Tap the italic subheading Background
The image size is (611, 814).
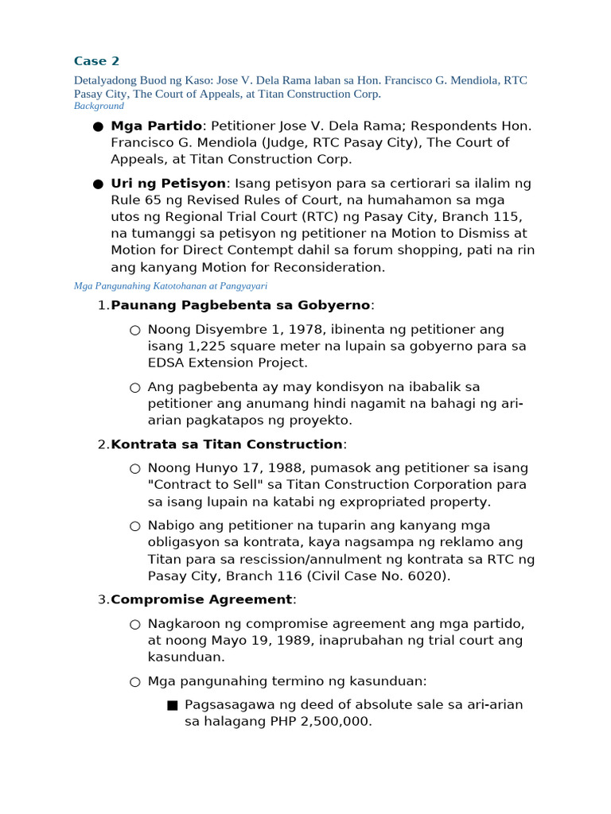pyautogui.click(x=99, y=106)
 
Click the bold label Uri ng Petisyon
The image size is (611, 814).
pyautogui.click(x=168, y=183)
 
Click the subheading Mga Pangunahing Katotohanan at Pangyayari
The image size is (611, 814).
pyautogui.click(x=169, y=285)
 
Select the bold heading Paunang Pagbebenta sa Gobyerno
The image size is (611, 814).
pyautogui.click(x=240, y=305)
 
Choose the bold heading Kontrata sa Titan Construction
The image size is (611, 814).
pyautogui.click(x=227, y=444)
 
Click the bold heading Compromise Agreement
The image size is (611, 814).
pyautogui.click(x=201, y=599)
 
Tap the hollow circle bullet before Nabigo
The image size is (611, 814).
pyautogui.click(x=134, y=525)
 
